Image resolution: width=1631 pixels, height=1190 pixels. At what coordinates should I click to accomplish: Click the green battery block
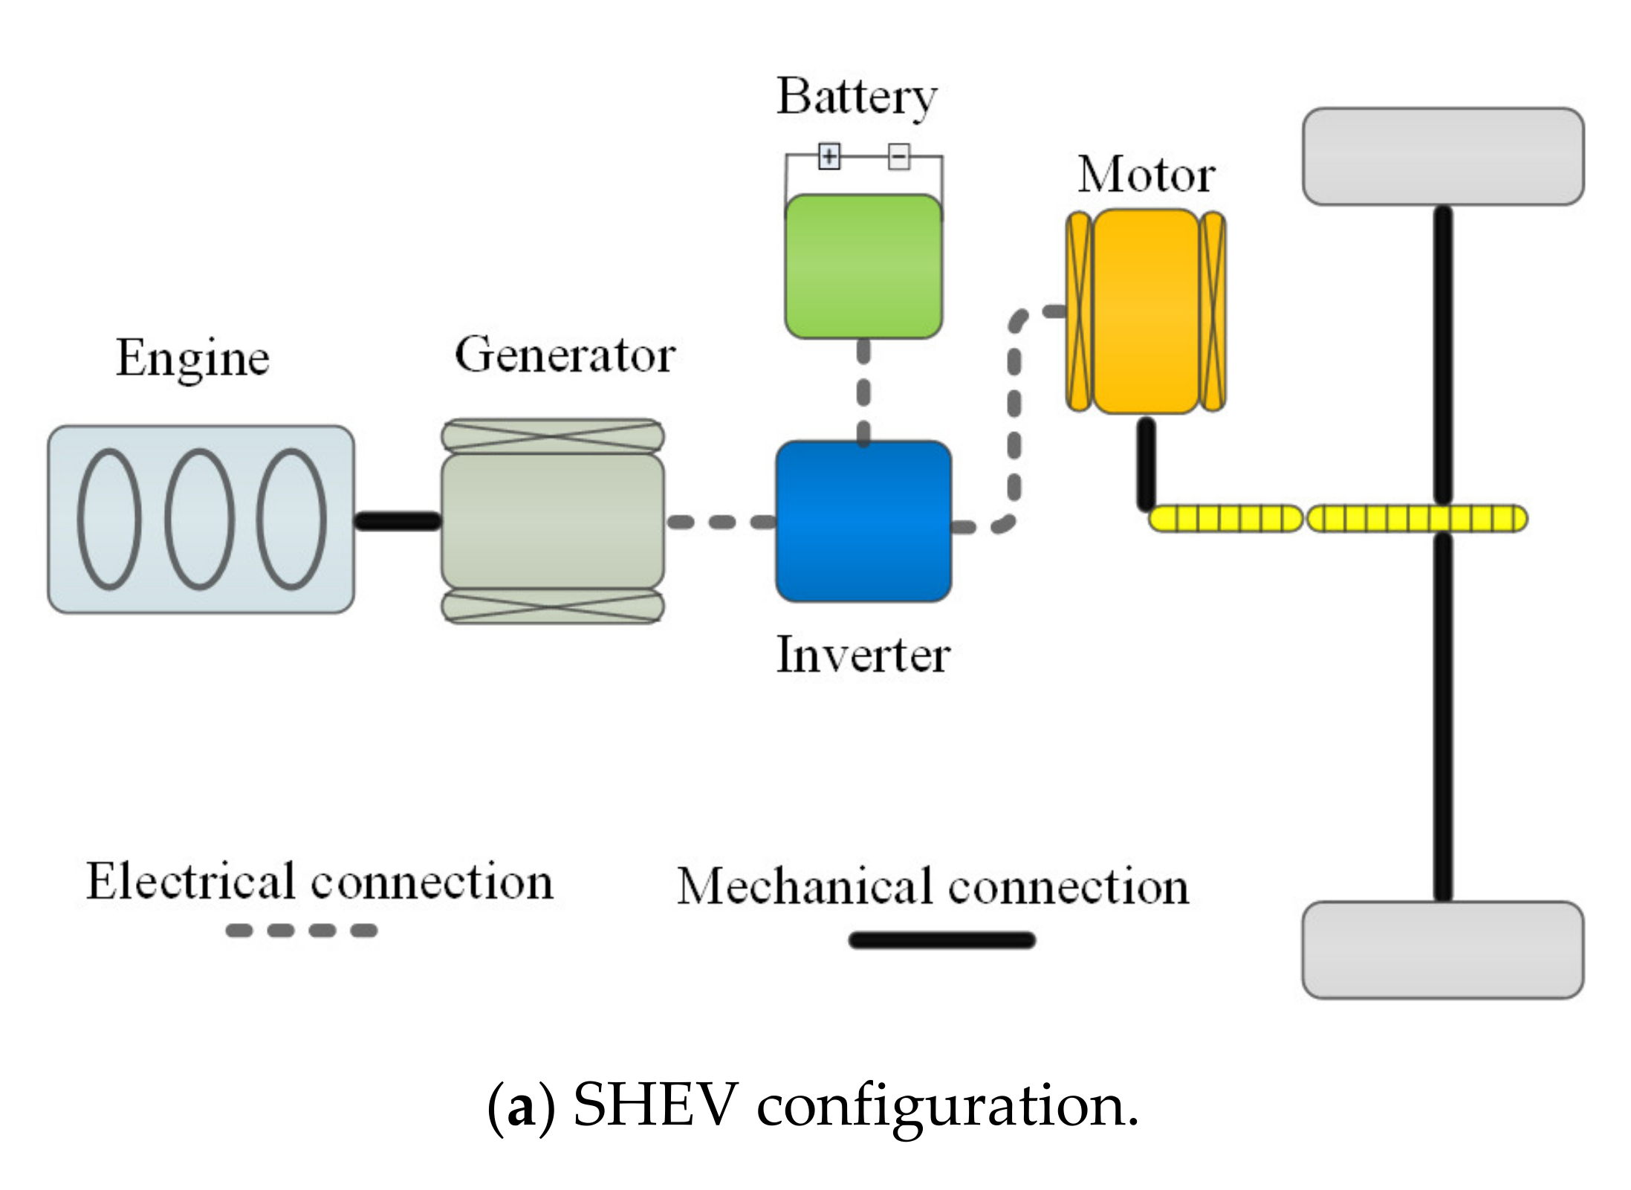point(863,266)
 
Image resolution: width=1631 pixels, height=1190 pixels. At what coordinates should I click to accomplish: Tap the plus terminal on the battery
point(829,157)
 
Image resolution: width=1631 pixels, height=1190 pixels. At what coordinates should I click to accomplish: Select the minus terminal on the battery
point(899,157)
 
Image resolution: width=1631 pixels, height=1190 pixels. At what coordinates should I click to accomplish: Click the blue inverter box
point(863,521)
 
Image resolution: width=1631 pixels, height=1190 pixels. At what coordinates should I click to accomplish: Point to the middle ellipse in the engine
point(199,519)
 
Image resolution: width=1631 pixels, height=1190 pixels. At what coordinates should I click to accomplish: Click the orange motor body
point(1147,311)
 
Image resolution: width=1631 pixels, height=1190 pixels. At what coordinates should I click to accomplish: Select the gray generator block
point(553,520)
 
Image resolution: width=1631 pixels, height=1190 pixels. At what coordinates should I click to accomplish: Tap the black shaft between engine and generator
point(398,520)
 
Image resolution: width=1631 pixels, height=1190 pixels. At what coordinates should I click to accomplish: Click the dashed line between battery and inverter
point(863,391)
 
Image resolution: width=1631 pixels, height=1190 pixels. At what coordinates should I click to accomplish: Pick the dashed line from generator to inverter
point(721,522)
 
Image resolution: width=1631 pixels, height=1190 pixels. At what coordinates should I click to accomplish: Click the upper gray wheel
point(1443,157)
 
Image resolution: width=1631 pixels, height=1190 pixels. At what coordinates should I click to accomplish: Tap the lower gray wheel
point(1443,949)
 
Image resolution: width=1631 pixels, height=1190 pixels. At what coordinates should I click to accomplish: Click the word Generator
point(565,355)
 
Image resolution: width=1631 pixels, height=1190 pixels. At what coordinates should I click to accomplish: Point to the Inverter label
point(863,655)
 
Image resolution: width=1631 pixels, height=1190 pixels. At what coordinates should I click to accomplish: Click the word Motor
point(1147,175)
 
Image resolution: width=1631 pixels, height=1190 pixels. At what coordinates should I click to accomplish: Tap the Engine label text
point(192,359)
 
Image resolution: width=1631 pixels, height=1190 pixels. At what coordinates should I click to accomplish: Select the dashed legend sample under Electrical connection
point(302,930)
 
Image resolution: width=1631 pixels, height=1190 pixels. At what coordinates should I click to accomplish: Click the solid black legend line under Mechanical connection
point(941,940)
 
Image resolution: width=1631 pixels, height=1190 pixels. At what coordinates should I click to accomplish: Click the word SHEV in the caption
point(655,1105)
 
